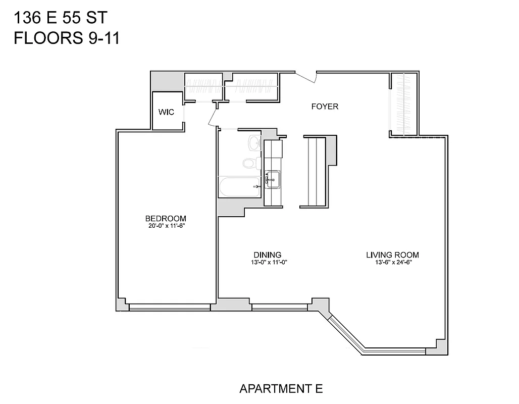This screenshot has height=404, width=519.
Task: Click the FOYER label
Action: pos(325,107)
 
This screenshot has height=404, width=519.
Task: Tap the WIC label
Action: pos(166,112)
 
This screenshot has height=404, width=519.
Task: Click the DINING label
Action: pos(267,255)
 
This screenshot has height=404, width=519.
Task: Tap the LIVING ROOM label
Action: pos(392,255)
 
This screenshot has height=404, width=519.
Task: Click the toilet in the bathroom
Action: pos(249,163)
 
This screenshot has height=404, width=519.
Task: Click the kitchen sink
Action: pos(273,179)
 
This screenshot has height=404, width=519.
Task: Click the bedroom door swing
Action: pos(212,116)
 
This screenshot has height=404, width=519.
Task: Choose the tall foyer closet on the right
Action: pos(403,105)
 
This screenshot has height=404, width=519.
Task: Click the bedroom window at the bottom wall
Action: pos(169,307)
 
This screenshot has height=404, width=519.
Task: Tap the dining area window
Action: pos(280,306)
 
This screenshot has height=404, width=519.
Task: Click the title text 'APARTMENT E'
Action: pos(281,389)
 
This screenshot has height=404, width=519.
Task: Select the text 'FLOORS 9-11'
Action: pos(66,38)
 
